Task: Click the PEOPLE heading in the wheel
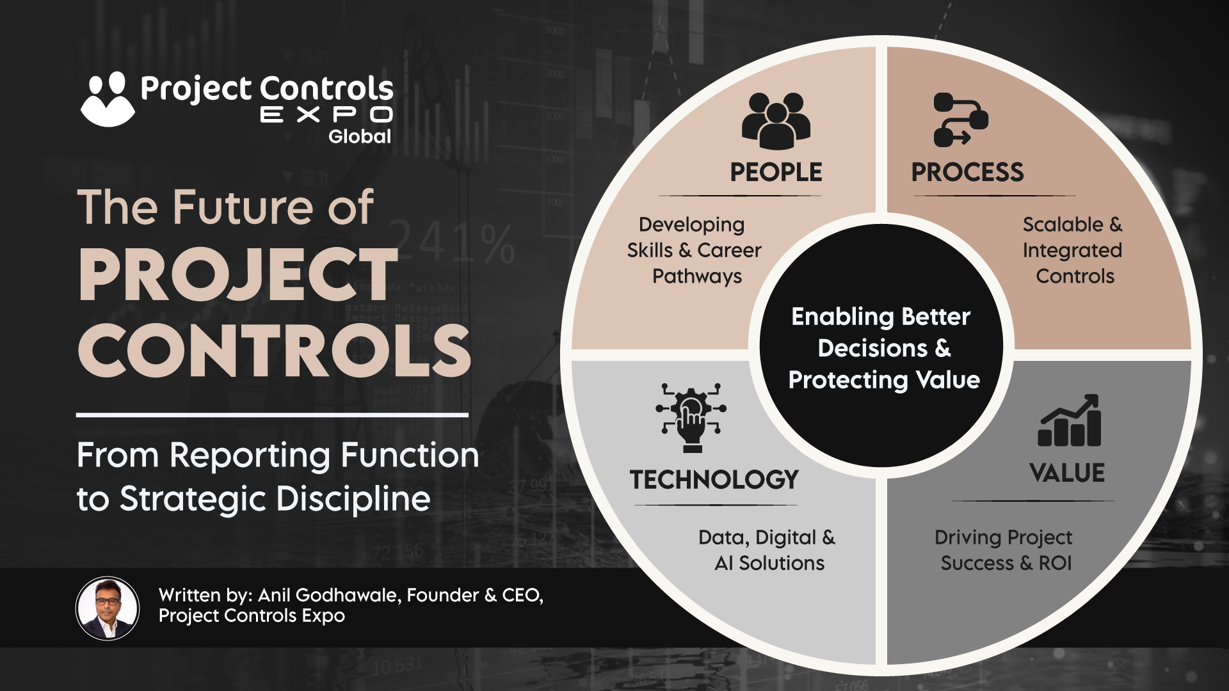776,172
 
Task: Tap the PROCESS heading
967,172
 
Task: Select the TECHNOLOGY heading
714,479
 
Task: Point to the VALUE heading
1067,473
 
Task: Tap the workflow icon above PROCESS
961,120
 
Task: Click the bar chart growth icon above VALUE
1069,420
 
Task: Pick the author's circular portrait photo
108,608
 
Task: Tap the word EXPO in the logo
326,115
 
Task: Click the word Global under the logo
360,136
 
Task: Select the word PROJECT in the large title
238,274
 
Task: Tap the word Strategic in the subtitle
193,499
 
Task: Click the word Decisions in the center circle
872,348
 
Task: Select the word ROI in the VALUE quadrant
1055,563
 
